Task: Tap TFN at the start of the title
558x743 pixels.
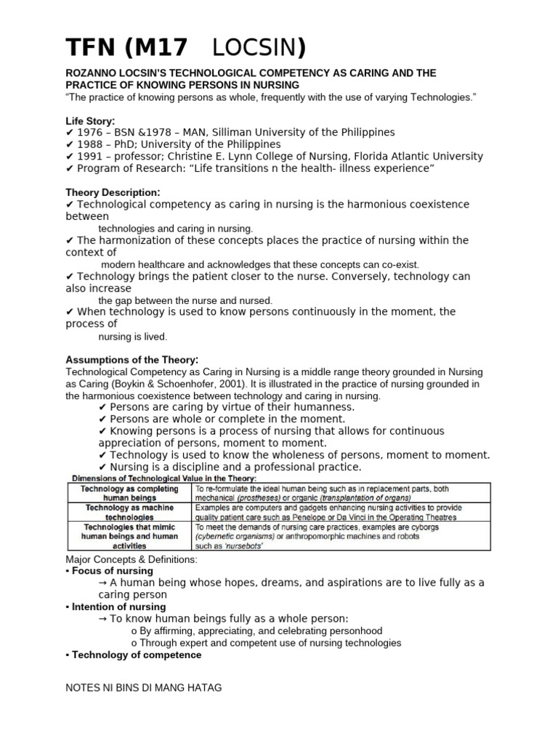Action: (92, 48)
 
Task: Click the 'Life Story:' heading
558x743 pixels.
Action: (90, 120)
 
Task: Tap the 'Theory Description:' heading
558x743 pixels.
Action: (113, 192)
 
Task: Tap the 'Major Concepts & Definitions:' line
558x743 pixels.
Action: (131, 559)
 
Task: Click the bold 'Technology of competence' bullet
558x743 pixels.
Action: (136, 654)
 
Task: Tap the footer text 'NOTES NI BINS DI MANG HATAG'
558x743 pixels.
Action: (144, 687)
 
